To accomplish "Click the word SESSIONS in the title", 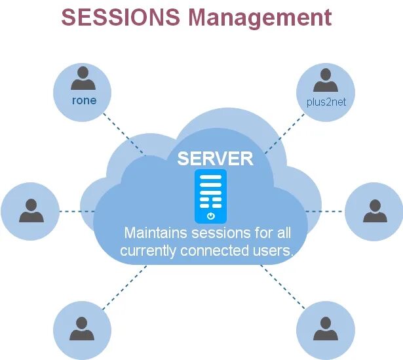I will tap(121, 17).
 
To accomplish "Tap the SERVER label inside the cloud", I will tap(215, 158).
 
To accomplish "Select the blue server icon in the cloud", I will tap(210, 195).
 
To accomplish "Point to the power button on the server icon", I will tap(210, 215).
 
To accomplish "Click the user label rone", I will tap(83, 101).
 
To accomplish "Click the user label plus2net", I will tap(325, 102).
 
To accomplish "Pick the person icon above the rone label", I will tap(83, 80).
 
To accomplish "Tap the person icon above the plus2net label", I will tap(325, 81).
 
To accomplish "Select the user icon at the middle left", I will tap(30, 211).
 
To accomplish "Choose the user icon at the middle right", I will tap(374, 211).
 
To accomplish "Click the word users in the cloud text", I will tap(270, 251).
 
